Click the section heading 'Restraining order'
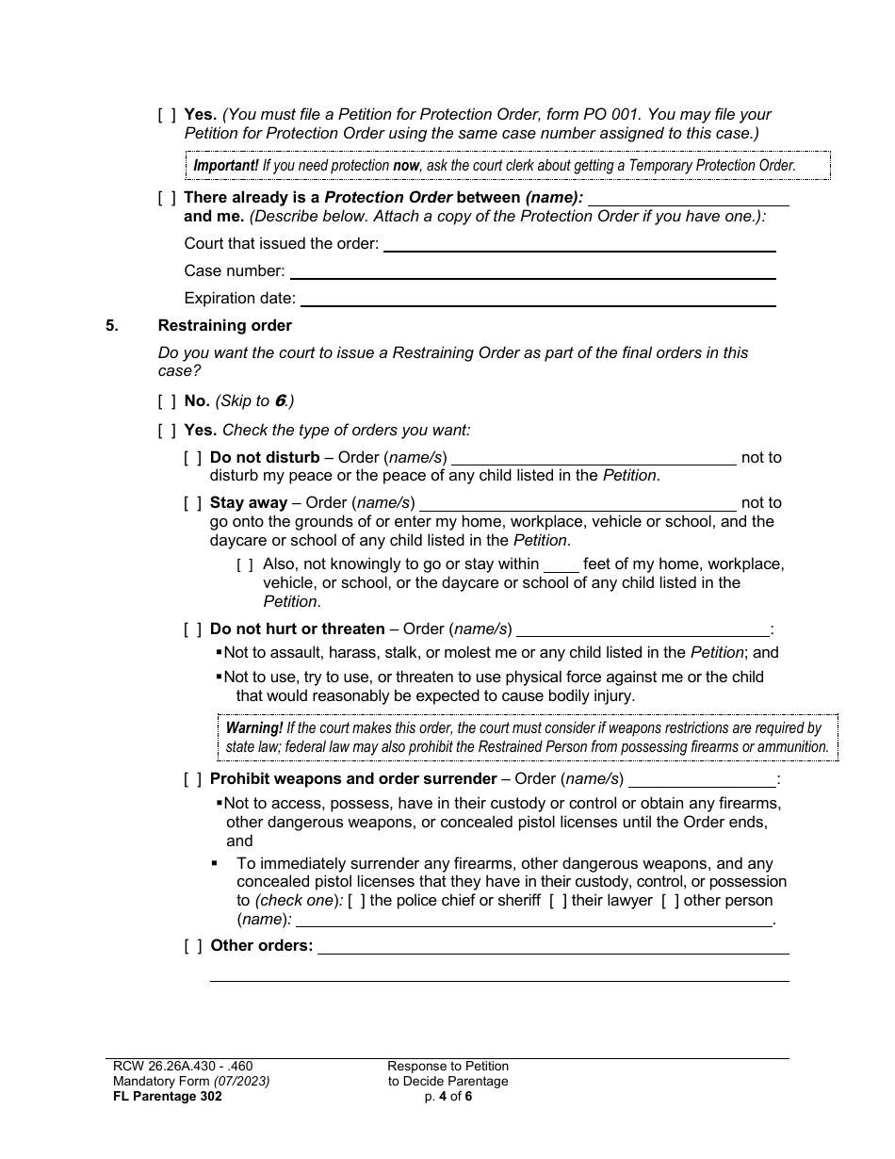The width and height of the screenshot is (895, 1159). pyautogui.click(x=224, y=326)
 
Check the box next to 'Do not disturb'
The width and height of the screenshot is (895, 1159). pyautogui.click(x=192, y=458)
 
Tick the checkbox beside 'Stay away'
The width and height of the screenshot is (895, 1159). pyautogui.click(x=192, y=503)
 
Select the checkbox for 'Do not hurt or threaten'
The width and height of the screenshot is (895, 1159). pyautogui.click(x=192, y=629)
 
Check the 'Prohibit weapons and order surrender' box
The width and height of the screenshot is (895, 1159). pyautogui.click(x=192, y=779)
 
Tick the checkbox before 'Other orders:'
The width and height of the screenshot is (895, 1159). pyautogui.click(x=192, y=946)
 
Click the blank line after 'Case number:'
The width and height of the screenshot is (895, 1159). pyautogui.click(x=532, y=271)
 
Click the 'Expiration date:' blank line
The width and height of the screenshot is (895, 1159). pyautogui.click(x=537, y=299)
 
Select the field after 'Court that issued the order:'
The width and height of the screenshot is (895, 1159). pyautogui.click(x=579, y=245)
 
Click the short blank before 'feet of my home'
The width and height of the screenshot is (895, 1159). pyautogui.click(x=561, y=565)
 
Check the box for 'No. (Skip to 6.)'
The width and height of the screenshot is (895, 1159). pyautogui.click(x=167, y=401)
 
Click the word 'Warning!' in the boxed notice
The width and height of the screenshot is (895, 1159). pyautogui.click(x=253, y=727)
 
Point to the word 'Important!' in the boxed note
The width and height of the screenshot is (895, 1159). pyautogui.click(x=226, y=166)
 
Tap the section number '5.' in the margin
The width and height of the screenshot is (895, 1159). pyautogui.click(x=112, y=326)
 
